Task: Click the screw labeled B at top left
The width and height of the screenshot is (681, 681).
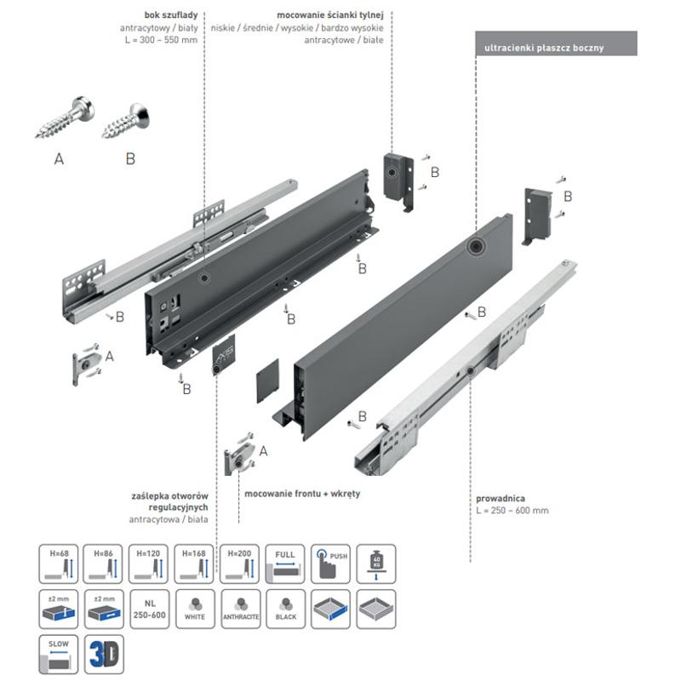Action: coord(125,121)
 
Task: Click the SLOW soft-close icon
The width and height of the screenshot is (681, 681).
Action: coord(59,654)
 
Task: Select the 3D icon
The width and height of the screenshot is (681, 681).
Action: coord(104,654)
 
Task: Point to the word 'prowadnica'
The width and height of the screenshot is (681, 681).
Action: coord(501,498)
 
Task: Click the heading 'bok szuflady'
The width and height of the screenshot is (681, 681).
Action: coord(173,15)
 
